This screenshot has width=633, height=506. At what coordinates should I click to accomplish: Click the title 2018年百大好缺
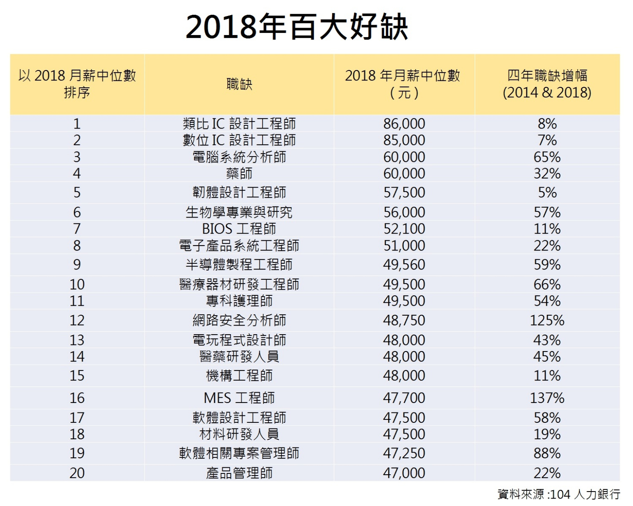297,27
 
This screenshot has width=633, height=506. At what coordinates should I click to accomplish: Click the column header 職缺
239,84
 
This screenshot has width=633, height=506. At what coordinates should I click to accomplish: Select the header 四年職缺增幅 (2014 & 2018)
547,84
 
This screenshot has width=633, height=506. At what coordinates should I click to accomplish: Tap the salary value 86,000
404,124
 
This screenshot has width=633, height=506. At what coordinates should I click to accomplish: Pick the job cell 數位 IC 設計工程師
239,140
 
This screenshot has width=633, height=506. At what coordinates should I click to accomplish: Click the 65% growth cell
547,157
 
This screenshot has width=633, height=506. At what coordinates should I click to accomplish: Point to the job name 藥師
239,173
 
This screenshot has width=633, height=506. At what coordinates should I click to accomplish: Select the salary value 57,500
404,192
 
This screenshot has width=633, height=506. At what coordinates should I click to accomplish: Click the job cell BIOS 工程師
239,229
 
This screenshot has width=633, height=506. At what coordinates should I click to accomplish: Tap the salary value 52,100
404,229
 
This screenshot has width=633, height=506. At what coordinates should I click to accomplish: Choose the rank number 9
77,265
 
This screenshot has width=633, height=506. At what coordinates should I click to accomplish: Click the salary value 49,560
404,265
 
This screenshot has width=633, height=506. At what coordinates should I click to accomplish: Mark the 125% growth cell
547,320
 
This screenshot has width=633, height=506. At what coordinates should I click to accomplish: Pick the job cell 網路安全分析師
239,320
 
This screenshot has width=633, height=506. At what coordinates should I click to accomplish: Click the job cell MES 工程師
239,398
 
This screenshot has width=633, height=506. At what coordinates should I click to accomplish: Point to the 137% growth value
547,398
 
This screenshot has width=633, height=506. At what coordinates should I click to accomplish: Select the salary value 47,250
404,453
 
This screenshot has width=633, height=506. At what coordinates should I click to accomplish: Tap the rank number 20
77,473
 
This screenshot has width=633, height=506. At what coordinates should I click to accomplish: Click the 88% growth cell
547,453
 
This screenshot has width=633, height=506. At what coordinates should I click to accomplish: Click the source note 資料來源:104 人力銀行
558,494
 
